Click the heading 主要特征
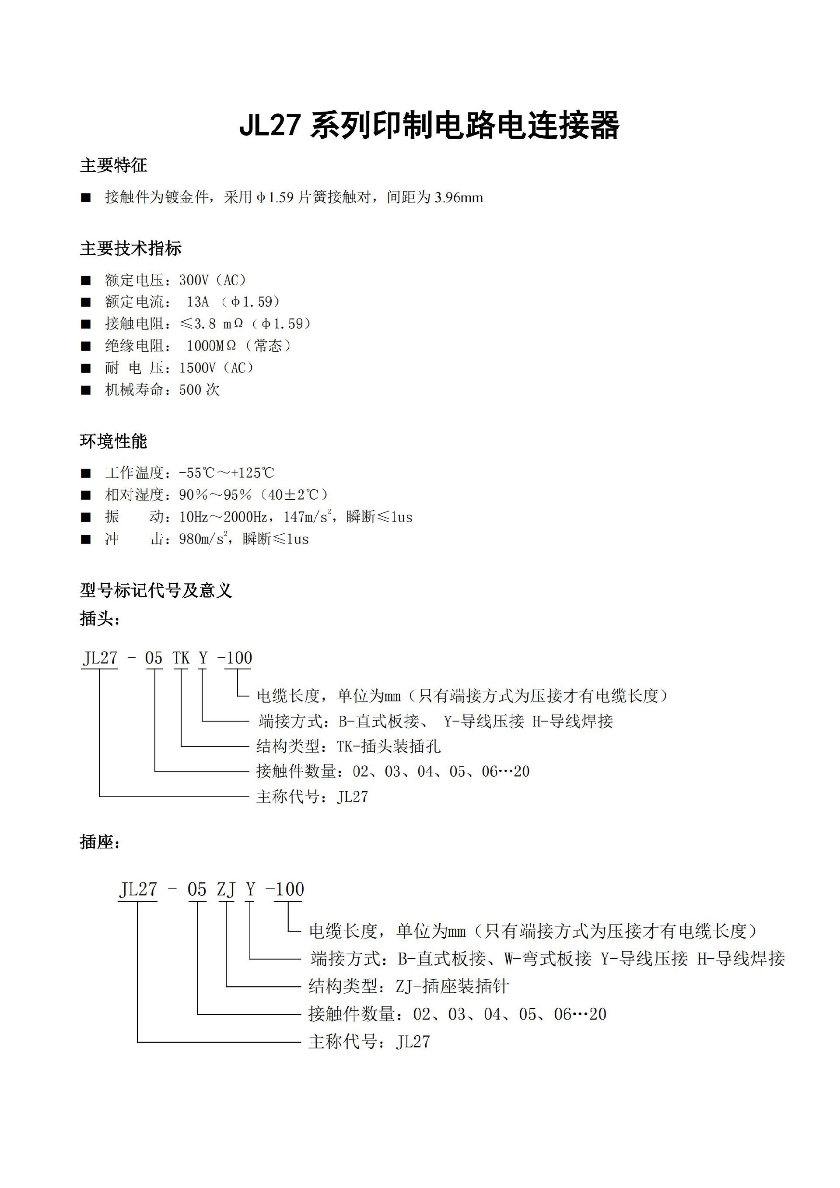pos(113,165)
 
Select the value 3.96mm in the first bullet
pos(459,197)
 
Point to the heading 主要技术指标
pos(130,249)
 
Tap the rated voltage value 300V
pos(193,280)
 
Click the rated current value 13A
pos(198,302)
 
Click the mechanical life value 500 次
pos(199,389)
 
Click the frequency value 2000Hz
pos(246,517)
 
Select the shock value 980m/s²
pos(203,539)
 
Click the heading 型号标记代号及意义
pos(156,590)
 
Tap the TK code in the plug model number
pos(181,658)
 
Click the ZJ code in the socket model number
pos(226,890)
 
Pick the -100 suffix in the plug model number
pos(235,658)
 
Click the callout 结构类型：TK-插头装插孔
pos(348,746)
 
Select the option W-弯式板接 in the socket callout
pos(547,959)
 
